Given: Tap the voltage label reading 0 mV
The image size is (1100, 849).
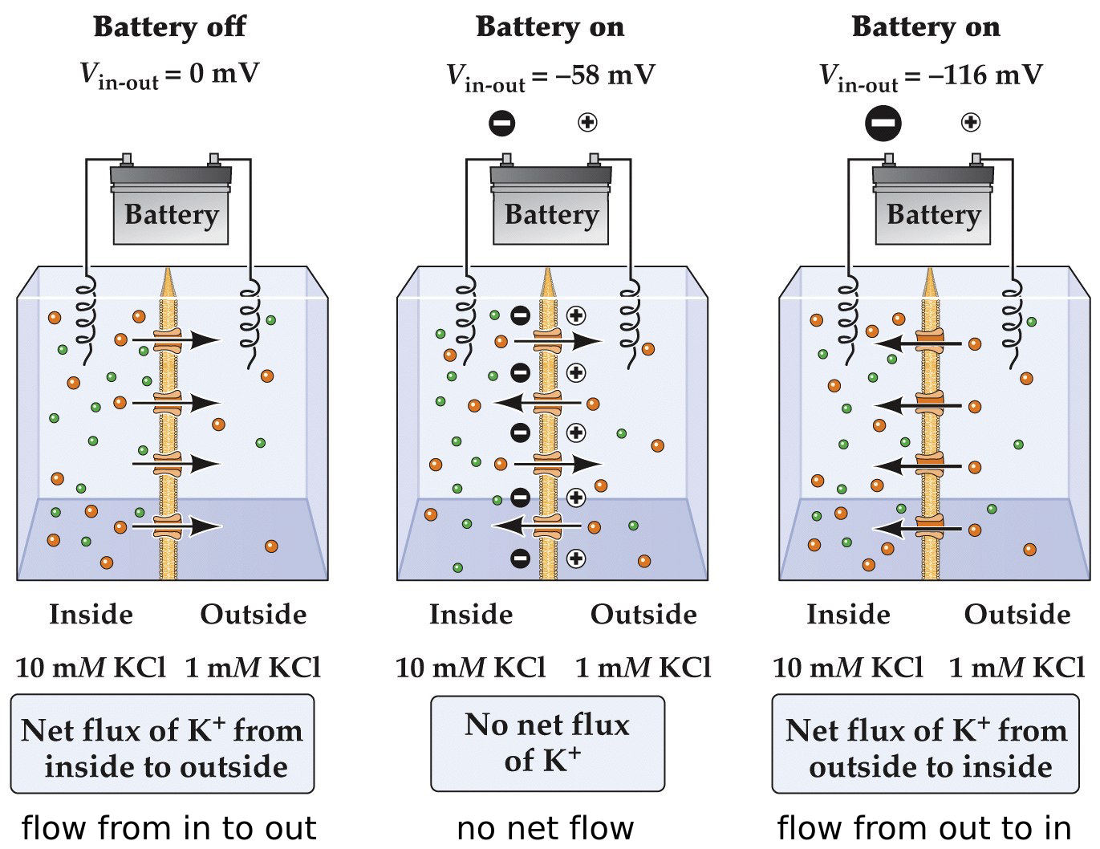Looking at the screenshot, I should pos(169,75).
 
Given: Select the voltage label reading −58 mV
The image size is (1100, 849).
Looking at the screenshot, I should pos(550,76).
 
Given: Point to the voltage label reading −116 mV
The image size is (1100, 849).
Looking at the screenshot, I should pos(930,76).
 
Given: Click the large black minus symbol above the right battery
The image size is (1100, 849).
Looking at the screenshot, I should pos(883,124).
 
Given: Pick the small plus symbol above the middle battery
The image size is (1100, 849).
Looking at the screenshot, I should pos(587,122).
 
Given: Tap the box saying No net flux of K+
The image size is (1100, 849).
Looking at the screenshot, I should pos(548,743).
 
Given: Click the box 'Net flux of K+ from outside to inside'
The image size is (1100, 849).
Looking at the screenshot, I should pos(926,745).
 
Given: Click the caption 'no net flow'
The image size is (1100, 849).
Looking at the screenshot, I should pos(546,828).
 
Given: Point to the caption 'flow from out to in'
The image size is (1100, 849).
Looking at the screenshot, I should pos(924,828).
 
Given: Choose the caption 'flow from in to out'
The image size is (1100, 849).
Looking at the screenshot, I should pos(168,828).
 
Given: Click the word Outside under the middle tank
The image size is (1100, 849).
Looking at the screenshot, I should pos(643,615).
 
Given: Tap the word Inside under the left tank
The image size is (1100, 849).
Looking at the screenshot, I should pos(91,615).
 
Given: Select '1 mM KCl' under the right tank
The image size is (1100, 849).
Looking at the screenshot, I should pos(1017,668).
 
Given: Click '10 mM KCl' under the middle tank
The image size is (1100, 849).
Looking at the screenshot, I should pos(471,668).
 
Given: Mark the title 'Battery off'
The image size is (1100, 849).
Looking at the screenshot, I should pos(169,27).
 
